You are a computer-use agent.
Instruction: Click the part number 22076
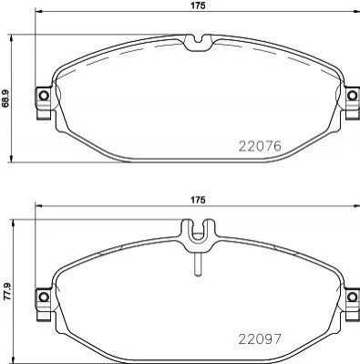(260, 147)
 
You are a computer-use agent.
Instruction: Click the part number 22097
(260, 339)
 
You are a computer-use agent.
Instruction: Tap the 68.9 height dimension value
(5, 99)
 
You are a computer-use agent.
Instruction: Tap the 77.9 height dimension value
(7, 291)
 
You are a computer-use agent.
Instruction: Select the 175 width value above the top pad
(198, 5)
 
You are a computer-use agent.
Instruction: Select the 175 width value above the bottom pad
(198, 200)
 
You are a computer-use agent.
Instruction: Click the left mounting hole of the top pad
(44, 96)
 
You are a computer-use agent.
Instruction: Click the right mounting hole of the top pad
(352, 96)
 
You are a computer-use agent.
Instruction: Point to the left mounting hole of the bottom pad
(44, 296)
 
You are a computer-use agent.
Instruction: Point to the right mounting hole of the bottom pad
(352, 296)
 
